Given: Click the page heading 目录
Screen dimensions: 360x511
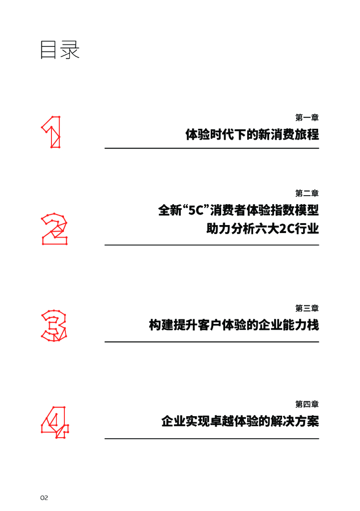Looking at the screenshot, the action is tap(60, 50).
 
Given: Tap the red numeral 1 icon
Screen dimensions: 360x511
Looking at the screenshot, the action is tap(51, 132).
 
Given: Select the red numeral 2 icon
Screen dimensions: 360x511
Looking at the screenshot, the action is tap(54, 230).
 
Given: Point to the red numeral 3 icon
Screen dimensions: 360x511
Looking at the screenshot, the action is tap(53, 325).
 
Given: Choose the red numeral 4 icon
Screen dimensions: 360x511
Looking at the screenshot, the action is tap(54, 422).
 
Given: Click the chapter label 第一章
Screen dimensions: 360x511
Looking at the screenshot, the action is tap(307, 118).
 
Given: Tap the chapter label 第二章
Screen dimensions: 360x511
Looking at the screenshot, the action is tap(307, 193).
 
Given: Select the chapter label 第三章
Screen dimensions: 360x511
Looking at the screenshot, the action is tap(307, 308).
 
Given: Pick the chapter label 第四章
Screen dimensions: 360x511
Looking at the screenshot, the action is tap(307, 405).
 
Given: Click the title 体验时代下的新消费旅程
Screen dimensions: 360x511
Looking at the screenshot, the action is tap(252, 134).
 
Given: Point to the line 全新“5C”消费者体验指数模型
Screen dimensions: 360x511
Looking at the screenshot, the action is tap(238, 210).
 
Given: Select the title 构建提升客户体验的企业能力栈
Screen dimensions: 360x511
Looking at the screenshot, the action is tap(234, 325).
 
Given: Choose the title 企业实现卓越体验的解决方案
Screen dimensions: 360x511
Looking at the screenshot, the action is tap(240, 421).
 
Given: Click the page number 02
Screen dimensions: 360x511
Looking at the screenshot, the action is tap(44, 498).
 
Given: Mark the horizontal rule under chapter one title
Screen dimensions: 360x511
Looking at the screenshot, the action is tap(212, 148).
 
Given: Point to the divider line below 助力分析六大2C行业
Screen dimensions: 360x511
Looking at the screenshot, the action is tap(212, 245).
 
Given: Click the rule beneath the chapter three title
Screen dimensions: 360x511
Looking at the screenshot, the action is tap(212, 342).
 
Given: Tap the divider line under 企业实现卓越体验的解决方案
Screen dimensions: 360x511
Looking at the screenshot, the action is tap(212, 439).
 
